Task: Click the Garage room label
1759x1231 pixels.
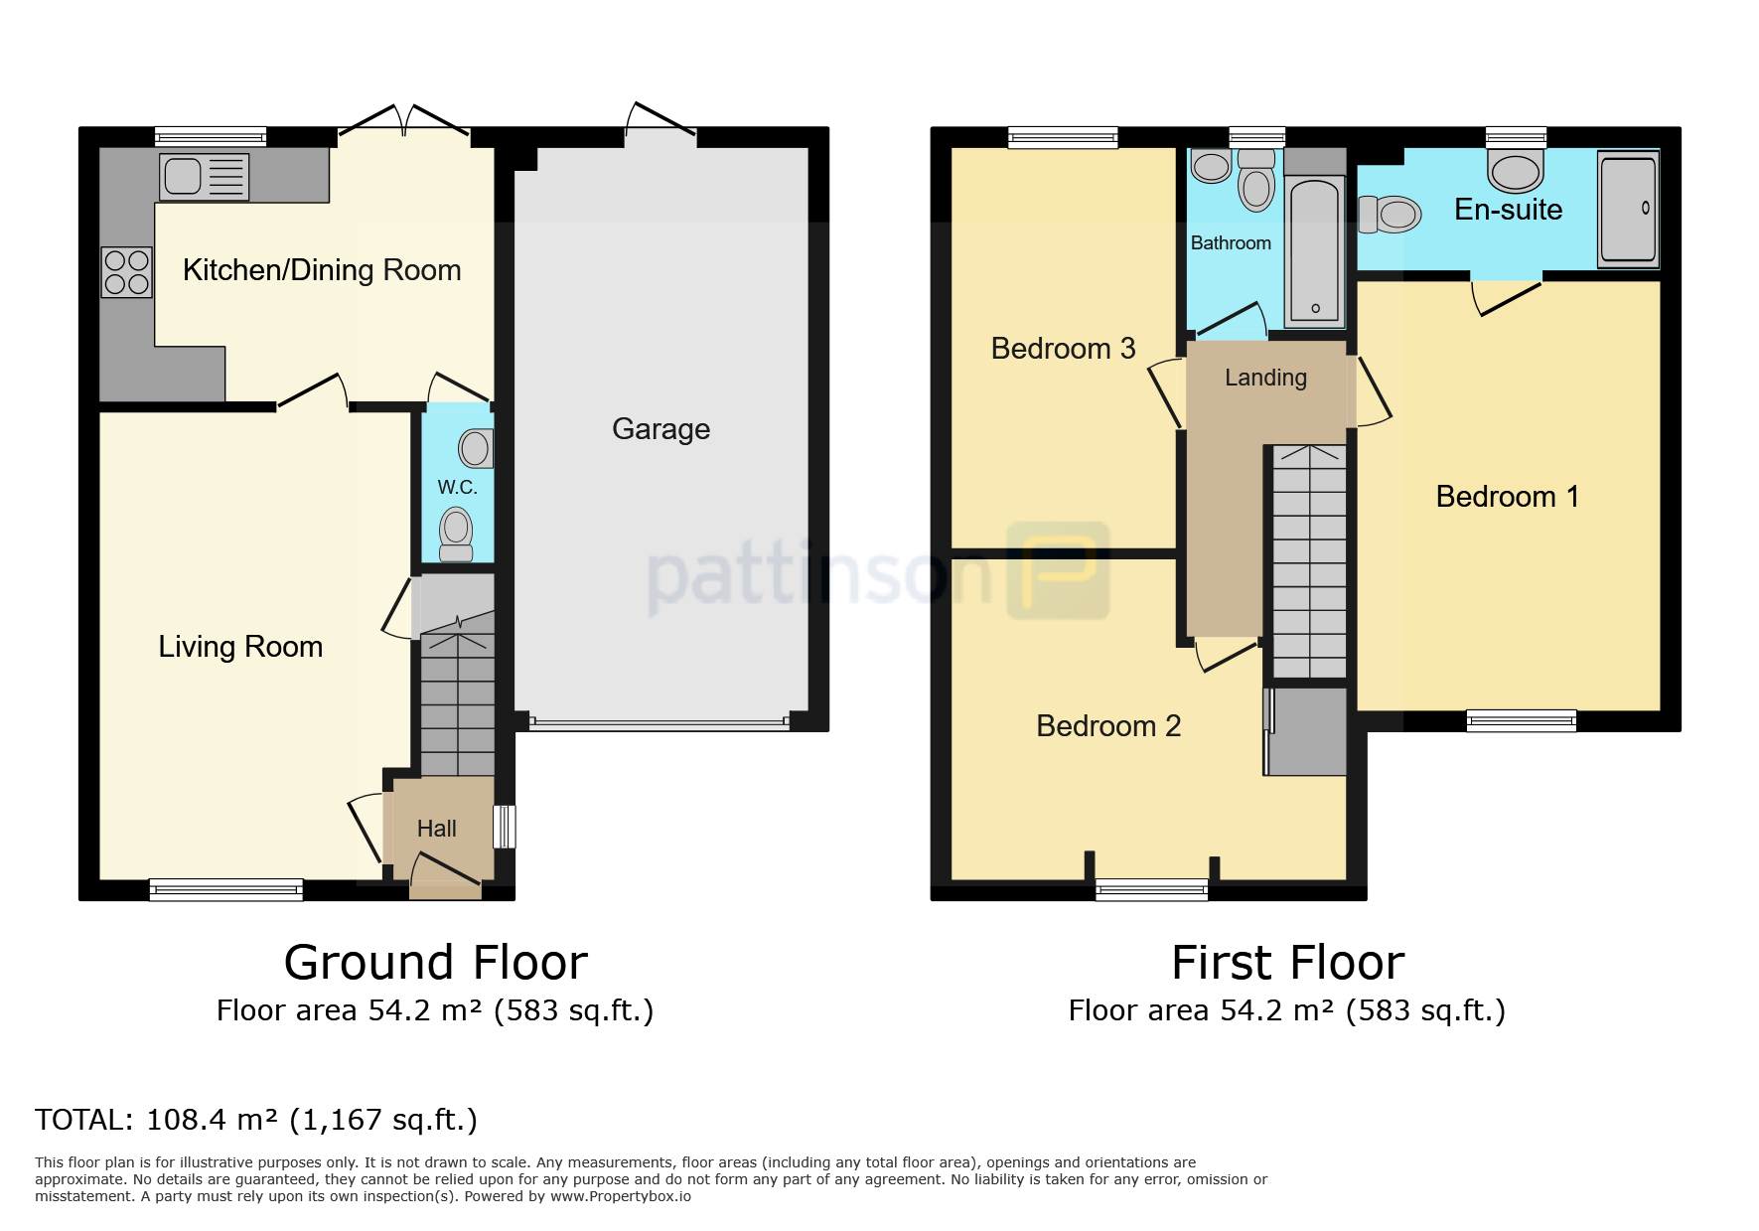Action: click(x=660, y=429)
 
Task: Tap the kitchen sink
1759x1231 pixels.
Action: click(x=204, y=177)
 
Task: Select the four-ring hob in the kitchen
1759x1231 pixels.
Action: click(x=126, y=272)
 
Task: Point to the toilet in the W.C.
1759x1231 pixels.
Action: click(x=456, y=535)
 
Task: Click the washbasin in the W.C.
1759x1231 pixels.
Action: click(x=476, y=448)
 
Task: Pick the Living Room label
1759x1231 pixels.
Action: click(x=240, y=647)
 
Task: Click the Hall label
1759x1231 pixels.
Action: click(x=437, y=829)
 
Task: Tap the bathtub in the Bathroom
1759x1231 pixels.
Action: click(x=1315, y=251)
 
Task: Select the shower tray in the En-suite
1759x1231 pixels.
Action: click(x=1628, y=209)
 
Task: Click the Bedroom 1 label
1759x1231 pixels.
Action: click(x=1508, y=497)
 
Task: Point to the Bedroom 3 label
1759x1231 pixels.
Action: click(x=1063, y=349)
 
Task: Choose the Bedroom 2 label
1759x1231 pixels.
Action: click(x=1108, y=726)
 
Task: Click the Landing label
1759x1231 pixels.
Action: click(x=1265, y=378)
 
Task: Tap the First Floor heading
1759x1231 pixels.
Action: click(x=1287, y=963)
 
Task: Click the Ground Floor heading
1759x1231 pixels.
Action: click(x=436, y=963)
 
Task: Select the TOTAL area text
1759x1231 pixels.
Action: click(x=256, y=1120)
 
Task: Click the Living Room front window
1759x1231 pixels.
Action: click(x=226, y=889)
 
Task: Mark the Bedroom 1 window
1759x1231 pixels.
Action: click(x=1522, y=720)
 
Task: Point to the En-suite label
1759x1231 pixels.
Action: click(x=1508, y=210)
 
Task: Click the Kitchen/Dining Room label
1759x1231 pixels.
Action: click(x=322, y=270)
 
